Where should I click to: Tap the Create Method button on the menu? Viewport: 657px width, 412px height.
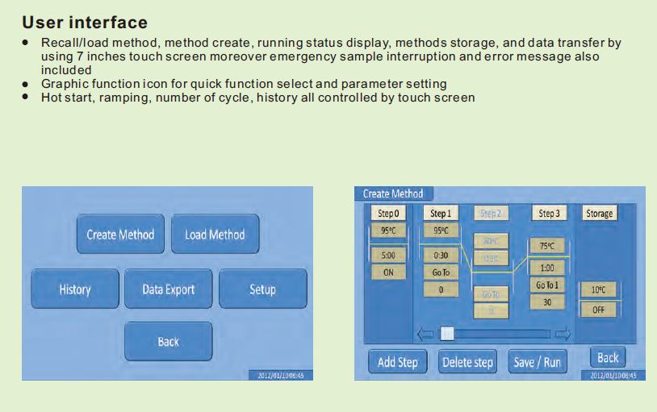tap(120, 235)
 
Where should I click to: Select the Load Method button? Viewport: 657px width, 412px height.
tap(215, 235)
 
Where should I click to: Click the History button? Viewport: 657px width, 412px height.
tap(75, 289)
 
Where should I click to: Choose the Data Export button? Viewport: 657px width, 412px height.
tap(168, 289)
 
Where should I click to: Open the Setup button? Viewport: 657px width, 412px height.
tap(262, 289)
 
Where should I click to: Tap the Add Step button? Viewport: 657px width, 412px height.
tap(398, 362)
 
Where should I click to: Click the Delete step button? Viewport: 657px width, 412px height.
tap(467, 362)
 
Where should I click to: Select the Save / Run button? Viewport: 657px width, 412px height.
tap(537, 362)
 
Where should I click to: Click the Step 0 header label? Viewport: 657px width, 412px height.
tap(388, 214)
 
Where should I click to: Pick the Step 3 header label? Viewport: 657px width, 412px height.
tap(547, 214)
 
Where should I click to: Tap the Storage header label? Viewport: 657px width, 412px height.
tap(599, 214)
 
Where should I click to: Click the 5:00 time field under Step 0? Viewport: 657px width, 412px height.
tap(388, 256)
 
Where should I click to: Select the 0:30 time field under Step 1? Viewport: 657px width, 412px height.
tap(441, 256)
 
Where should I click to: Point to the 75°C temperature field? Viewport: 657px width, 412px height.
tap(547, 247)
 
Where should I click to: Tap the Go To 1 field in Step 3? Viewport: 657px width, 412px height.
tap(547, 285)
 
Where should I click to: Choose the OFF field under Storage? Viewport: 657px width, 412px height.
tap(598, 310)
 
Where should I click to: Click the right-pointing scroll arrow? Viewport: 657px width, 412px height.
tap(563, 333)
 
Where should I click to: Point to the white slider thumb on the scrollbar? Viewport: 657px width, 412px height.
tap(446, 333)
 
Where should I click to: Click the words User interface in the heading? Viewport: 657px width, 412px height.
tap(85, 23)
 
